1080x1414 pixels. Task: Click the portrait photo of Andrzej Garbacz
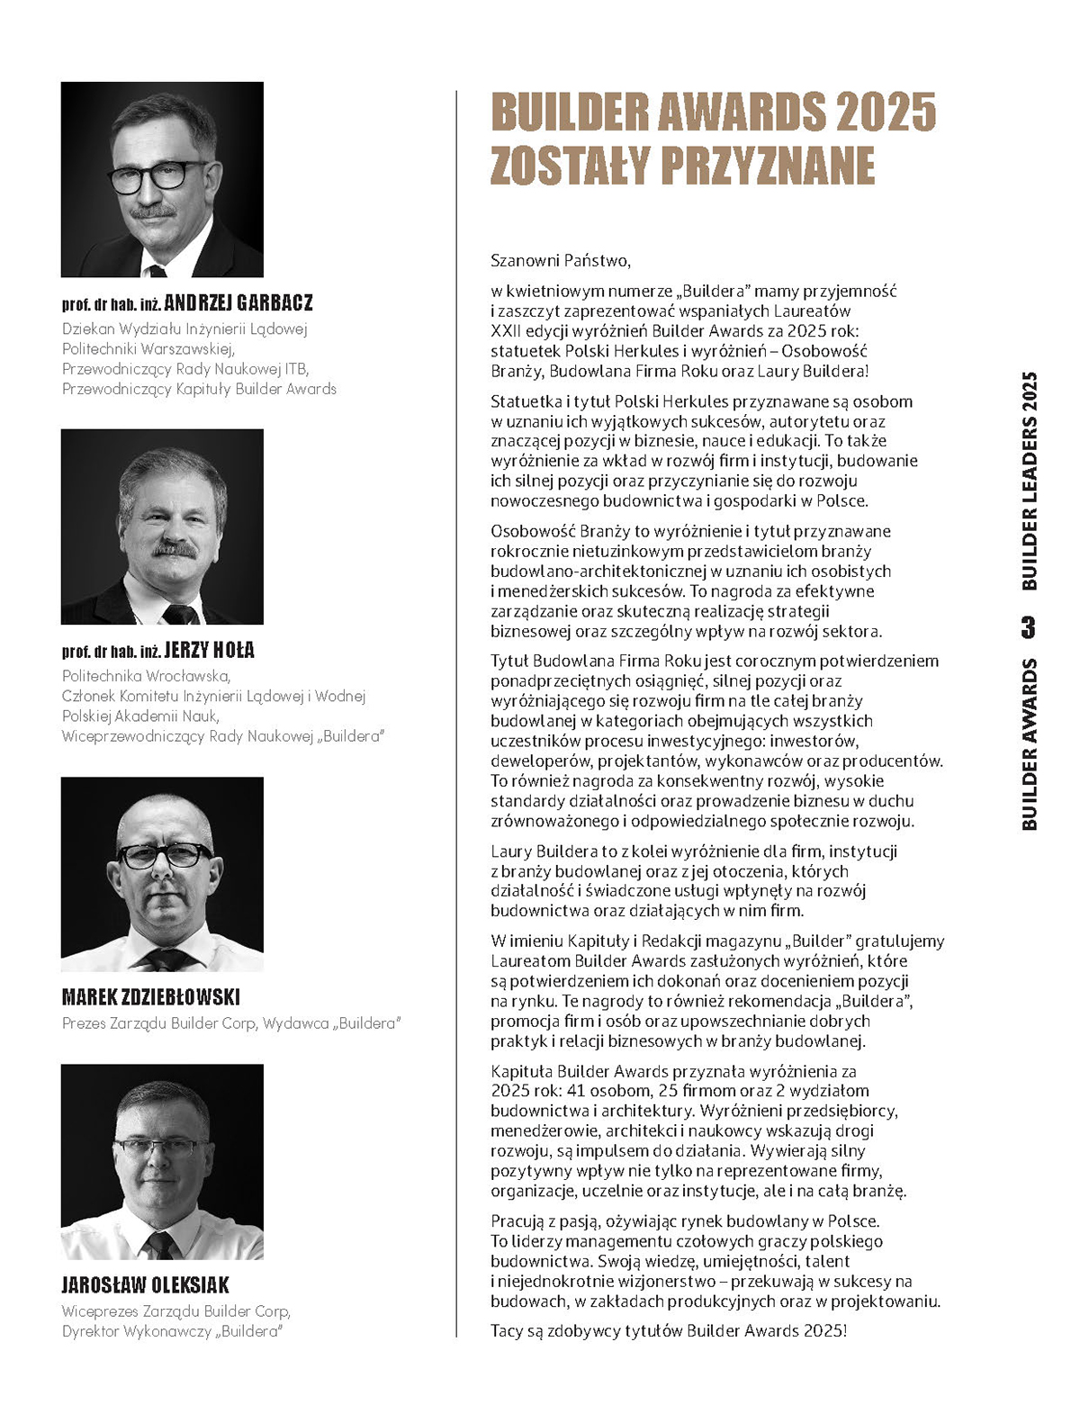162,179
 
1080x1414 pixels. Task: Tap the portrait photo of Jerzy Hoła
162,527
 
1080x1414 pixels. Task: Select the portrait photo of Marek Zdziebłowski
162,874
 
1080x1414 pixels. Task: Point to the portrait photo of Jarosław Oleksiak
162,1161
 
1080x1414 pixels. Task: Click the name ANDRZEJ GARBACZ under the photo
238,303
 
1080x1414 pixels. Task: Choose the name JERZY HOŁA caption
209,651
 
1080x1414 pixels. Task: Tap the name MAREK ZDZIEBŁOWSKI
151,997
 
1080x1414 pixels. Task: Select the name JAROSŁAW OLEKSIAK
146,1284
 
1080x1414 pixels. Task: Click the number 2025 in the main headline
886,113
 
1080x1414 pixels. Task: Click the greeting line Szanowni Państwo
561,261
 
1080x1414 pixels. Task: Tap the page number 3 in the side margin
1029,626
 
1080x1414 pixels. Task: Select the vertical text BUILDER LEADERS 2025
1030,481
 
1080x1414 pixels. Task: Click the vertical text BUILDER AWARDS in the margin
1030,743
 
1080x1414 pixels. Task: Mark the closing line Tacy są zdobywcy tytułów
669,1330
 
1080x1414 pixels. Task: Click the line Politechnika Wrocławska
147,676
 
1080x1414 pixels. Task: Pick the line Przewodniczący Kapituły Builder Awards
199,389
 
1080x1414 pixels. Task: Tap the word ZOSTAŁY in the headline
568,165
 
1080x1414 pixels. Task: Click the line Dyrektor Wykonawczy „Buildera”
172,1331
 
